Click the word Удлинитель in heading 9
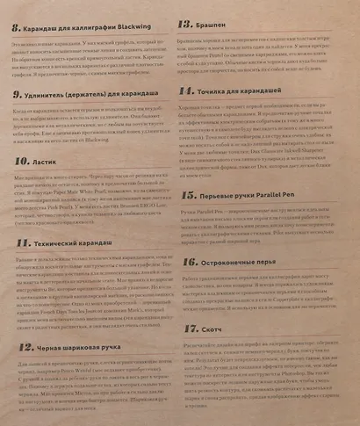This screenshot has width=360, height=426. pyautogui.click(x=50, y=92)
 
